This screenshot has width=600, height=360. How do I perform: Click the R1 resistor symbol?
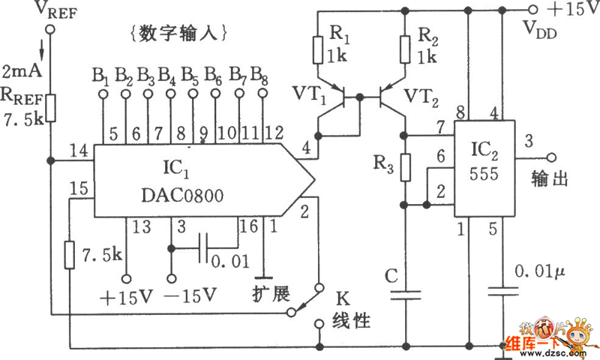pos(318,50)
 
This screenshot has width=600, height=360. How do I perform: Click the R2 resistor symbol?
pos(405,49)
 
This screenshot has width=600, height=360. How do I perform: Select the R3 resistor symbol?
pos(406,167)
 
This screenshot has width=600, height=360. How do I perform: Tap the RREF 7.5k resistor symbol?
pos(50,108)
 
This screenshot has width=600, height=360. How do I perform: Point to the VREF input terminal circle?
pos(50,29)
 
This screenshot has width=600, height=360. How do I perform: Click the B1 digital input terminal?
pos(103,93)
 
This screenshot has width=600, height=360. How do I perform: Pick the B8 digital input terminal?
pos(262,93)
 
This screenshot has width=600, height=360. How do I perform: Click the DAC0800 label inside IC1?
pos(182,196)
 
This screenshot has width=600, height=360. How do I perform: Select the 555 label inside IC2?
pos(484,174)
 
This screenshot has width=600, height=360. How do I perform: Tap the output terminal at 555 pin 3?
pos(551,157)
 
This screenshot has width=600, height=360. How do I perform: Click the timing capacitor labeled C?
pos(406,295)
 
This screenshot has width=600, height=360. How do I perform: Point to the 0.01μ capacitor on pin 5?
pos(503,291)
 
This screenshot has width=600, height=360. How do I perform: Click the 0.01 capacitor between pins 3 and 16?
pos(204,249)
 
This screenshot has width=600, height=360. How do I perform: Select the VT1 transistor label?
pos(310,94)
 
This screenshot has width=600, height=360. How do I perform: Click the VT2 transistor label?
pos(421,97)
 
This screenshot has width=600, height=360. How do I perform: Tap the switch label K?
pos(343,298)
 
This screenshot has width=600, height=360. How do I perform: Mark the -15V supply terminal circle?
pos(172,278)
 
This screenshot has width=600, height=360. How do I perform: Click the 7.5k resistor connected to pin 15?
pos(69,255)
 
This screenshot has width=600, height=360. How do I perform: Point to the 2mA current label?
pos(22,71)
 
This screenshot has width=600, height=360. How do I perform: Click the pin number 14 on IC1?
pos(79,151)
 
